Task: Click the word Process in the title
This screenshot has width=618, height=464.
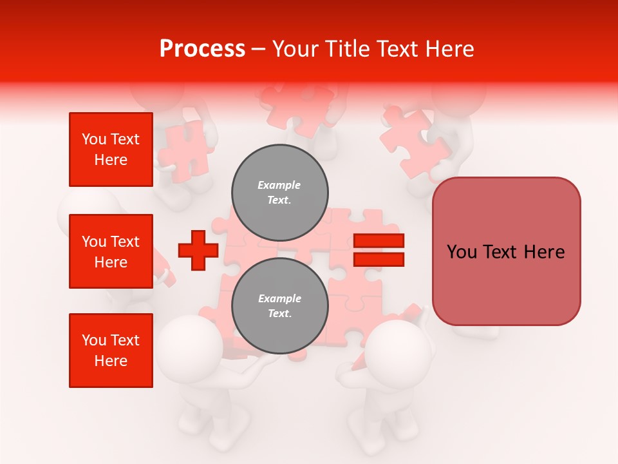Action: pos(202,48)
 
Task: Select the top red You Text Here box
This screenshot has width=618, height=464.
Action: pos(111,150)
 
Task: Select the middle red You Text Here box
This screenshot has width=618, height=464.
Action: pos(111,251)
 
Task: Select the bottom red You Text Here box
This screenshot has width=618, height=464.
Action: pos(111,351)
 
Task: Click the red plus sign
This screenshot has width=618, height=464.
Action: pos(198,250)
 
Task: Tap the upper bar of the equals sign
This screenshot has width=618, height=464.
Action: pos(379,241)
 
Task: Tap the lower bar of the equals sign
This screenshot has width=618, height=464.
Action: pos(379,259)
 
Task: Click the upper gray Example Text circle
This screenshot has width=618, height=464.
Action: pos(280,192)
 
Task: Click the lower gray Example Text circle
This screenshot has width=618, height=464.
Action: pos(280,305)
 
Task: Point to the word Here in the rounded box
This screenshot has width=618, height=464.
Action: pos(544,252)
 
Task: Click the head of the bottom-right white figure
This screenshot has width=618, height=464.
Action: pos(401,351)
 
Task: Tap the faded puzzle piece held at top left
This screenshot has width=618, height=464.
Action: pos(184,148)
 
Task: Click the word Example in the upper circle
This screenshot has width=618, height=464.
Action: pos(279,185)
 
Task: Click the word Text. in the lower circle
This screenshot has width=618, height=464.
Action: pos(279,314)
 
